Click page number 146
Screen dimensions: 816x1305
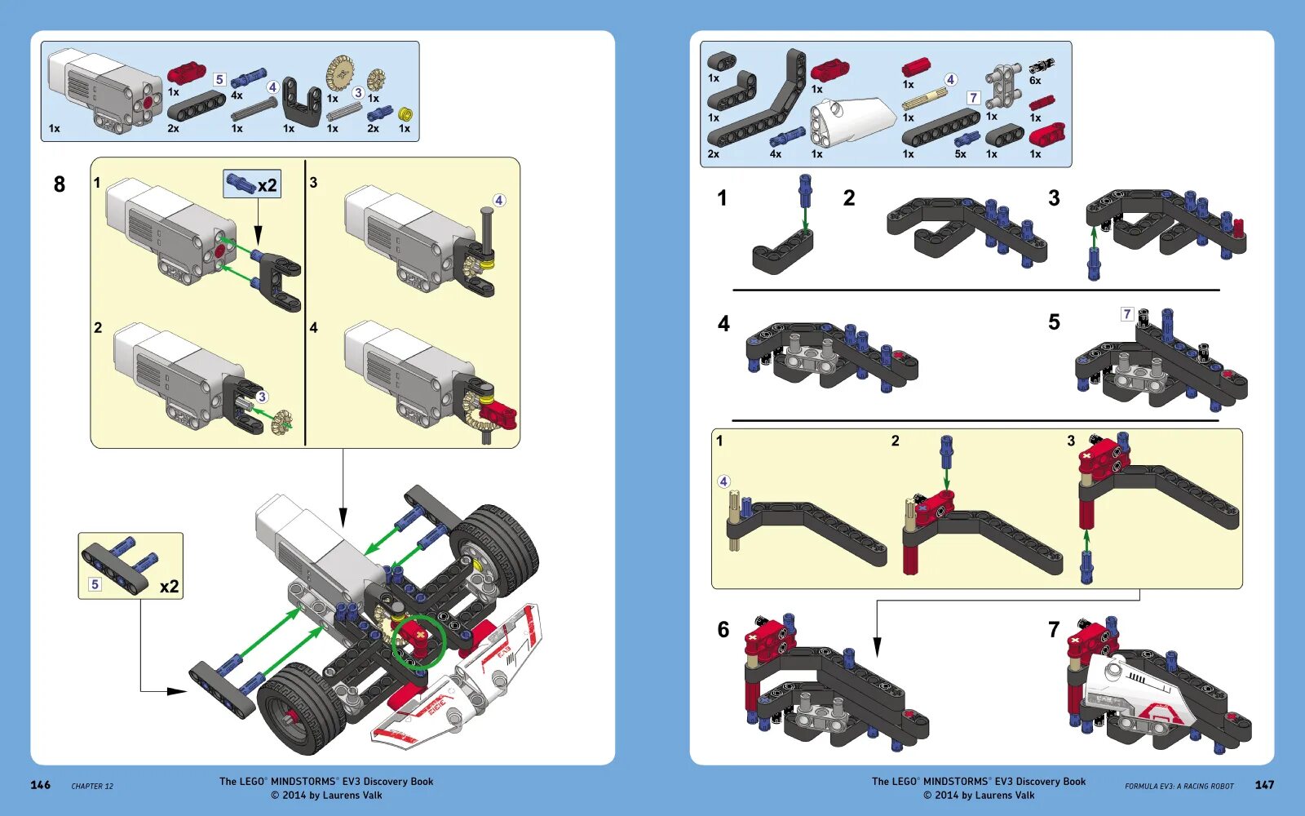click(x=40, y=785)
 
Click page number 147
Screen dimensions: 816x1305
click(x=1264, y=785)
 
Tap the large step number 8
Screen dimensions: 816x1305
click(x=59, y=184)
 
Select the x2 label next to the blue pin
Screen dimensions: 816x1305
click(x=267, y=185)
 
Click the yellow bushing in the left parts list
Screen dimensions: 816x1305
click(x=405, y=114)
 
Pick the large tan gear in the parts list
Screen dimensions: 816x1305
click(x=339, y=74)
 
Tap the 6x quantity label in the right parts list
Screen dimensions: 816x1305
click(x=1034, y=81)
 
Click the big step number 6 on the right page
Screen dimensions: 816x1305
click(x=723, y=629)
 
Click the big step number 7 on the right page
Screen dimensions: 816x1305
click(x=1053, y=629)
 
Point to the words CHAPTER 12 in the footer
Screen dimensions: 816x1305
click(x=92, y=787)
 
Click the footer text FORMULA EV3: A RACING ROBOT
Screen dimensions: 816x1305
click(x=1179, y=787)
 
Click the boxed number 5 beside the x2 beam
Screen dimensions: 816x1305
click(x=95, y=584)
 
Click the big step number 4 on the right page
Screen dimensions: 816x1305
click(x=723, y=324)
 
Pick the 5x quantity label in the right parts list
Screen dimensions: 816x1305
click(x=960, y=154)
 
